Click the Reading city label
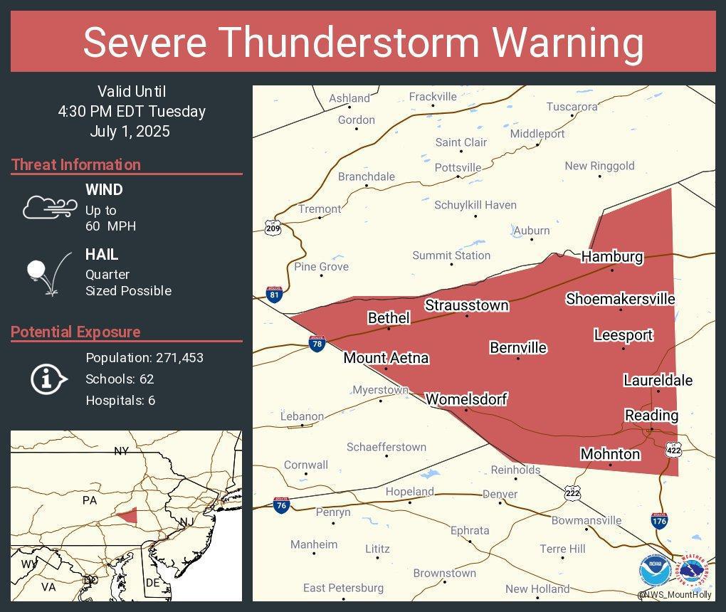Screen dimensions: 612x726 (x=651, y=415)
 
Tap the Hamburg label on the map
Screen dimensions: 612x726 (x=611, y=257)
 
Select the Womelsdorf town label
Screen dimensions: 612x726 (x=466, y=399)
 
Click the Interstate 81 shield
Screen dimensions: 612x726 (x=274, y=295)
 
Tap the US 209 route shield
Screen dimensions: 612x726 (x=273, y=228)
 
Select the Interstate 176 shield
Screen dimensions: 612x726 (x=659, y=521)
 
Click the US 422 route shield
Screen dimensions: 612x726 (x=673, y=450)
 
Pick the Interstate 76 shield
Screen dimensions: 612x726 (x=281, y=505)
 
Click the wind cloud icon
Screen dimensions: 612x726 (x=49, y=207)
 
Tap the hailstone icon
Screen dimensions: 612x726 (x=36, y=270)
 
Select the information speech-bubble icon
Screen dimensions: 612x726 (x=48, y=379)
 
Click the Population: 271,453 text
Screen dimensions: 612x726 (x=144, y=357)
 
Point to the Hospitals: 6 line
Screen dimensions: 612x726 (x=120, y=400)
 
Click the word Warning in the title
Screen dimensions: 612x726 (x=569, y=42)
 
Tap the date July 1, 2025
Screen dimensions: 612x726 (x=130, y=132)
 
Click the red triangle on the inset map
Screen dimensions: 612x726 (x=127, y=516)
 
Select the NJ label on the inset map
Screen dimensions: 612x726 (x=186, y=522)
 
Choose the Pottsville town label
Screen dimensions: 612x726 (x=458, y=167)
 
